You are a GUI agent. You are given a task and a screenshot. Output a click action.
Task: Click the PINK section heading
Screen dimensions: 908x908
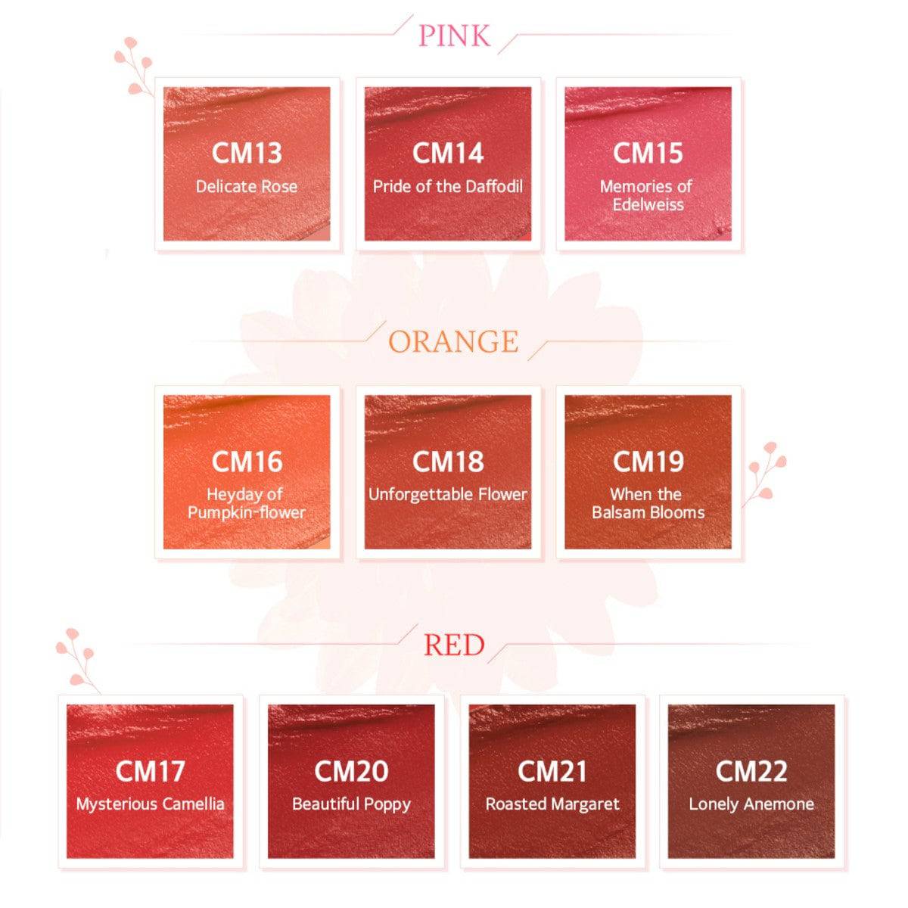(454, 36)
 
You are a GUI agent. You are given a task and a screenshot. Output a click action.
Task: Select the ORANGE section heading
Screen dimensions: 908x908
(453, 341)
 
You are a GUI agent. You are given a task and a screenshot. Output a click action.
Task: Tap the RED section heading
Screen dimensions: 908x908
(454, 645)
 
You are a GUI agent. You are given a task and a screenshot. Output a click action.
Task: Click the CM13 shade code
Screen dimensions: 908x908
(247, 153)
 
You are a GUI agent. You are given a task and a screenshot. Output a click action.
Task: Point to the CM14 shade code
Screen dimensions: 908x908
(448, 153)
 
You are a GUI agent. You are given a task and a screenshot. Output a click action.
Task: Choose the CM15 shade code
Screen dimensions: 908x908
(648, 153)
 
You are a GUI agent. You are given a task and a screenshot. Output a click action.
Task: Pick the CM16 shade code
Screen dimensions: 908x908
(247, 462)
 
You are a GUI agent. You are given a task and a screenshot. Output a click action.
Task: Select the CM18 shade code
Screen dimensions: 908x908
(448, 462)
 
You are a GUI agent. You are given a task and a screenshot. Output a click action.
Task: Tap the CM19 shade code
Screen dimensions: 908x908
(648, 462)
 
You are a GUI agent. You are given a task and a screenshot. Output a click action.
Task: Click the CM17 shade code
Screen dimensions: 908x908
(150, 771)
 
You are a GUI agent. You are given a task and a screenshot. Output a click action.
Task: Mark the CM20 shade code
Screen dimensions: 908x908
(351, 771)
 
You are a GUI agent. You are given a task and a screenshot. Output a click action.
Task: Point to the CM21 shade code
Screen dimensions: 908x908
(552, 771)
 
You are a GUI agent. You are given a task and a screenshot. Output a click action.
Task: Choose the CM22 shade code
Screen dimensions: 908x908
(751, 771)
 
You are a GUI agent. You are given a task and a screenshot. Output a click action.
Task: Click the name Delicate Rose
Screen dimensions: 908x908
(247, 187)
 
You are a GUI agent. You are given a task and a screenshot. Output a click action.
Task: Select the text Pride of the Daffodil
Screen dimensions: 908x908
(448, 187)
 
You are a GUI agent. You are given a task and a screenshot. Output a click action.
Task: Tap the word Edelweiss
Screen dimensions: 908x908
(648, 205)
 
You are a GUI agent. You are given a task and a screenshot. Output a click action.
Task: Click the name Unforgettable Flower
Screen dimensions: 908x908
(448, 494)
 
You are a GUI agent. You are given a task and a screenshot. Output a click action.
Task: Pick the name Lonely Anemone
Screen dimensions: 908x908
(751, 804)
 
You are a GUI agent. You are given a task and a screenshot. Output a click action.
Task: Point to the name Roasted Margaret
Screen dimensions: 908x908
(552, 804)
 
